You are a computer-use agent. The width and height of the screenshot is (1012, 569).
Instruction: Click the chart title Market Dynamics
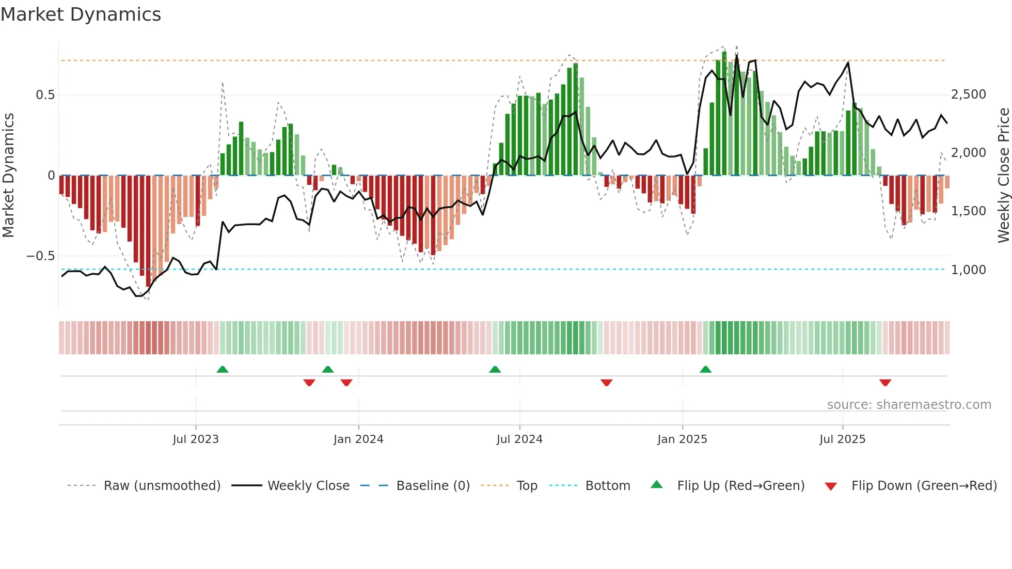81,14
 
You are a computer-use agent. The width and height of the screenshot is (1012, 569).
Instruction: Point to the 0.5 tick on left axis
45,95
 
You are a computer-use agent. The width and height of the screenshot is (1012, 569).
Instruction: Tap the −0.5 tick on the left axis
41,256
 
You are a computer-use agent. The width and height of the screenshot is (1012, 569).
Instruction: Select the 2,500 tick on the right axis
968,94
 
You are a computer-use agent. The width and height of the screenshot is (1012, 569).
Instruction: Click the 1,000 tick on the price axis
968,270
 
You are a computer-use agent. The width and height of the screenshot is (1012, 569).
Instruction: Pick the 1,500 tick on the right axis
968,211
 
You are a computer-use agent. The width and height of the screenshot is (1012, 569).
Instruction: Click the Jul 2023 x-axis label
196,439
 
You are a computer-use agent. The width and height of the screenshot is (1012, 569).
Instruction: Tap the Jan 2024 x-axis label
358,439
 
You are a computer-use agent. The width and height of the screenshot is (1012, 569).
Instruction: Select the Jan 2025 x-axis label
682,439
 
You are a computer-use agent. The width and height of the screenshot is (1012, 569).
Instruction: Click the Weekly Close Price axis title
1003,176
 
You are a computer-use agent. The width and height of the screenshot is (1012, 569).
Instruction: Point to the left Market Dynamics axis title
8,176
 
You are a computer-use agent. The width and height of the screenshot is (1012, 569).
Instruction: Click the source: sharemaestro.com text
909,405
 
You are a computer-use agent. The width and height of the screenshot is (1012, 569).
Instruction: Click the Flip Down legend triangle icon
831,486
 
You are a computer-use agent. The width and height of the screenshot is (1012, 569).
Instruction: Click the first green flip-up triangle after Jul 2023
223,369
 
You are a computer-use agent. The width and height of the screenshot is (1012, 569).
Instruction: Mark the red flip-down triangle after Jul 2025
885,383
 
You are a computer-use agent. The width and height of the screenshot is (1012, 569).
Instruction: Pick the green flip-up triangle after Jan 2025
705,369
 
